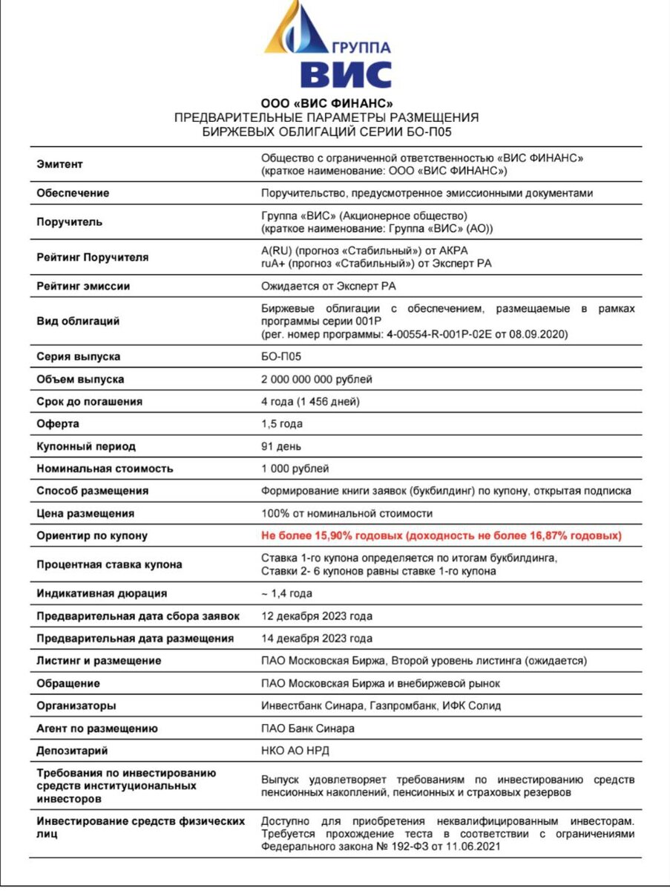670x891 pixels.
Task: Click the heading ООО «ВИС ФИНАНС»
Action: pyautogui.click(x=326, y=103)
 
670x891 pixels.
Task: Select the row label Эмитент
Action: pyautogui.click(x=60, y=164)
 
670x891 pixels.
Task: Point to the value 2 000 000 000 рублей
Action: pyautogui.click(x=317, y=379)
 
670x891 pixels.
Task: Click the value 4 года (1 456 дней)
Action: pyautogui.click(x=310, y=402)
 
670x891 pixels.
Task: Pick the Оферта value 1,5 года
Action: pyautogui.click(x=282, y=424)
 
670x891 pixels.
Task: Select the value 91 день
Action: pyautogui.click(x=280, y=446)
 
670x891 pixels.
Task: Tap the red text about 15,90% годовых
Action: pyautogui.click(x=441, y=535)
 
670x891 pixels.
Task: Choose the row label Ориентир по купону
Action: pyautogui.click(x=92, y=535)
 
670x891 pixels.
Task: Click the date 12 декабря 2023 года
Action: pyautogui.click(x=317, y=616)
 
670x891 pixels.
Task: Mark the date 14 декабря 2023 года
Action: pyautogui.click(x=317, y=639)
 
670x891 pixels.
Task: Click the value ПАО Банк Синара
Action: pyautogui.click(x=308, y=728)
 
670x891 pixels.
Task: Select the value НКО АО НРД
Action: pyautogui.click(x=295, y=751)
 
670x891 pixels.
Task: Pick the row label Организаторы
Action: pyautogui.click(x=76, y=705)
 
